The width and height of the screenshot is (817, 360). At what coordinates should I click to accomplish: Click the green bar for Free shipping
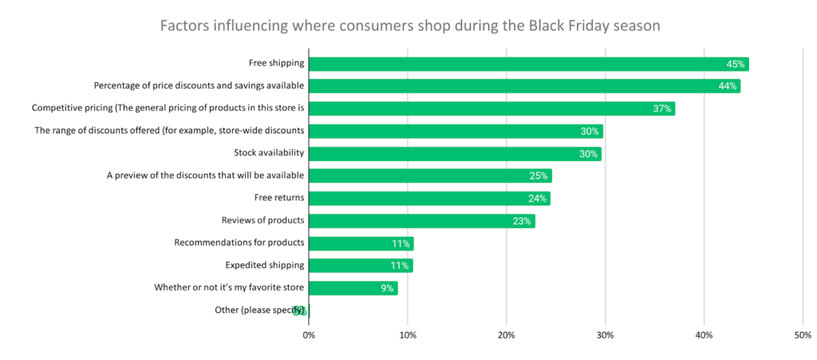coord(528,64)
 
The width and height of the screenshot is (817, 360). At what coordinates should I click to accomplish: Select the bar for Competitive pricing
coord(491,109)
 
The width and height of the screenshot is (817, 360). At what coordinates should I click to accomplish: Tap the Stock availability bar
coord(455,154)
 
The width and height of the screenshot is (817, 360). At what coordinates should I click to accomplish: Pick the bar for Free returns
coord(429,199)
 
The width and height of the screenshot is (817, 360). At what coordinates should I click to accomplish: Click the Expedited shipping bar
coord(361,266)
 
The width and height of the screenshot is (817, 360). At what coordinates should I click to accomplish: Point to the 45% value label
coord(736,64)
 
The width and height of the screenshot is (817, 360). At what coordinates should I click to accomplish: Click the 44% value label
coord(727,86)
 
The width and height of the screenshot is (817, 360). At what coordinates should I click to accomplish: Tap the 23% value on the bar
coord(522,221)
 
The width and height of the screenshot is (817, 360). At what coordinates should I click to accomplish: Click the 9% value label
coord(387,288)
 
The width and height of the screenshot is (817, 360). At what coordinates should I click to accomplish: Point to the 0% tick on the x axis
coord(309,334)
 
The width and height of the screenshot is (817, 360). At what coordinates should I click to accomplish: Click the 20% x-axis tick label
coord(506,334)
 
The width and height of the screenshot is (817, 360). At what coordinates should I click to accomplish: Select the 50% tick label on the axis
coord(802,334)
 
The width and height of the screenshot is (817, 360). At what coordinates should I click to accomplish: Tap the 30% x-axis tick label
coord(605,334)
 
